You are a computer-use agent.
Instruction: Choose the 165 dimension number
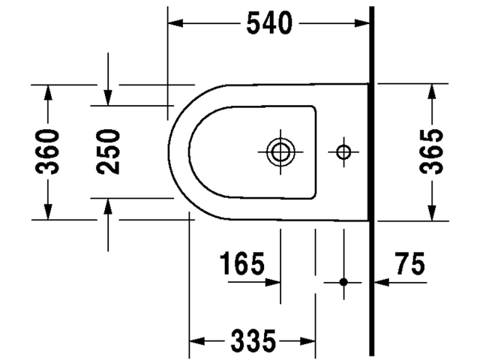[242, 263]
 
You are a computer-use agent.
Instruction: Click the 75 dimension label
[409, 263]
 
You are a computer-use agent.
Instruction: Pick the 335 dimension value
[251, 341]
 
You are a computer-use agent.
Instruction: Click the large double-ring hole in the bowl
[280, 152]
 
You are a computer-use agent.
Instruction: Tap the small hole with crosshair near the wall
[343, 152]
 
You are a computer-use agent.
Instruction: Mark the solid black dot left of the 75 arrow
[343, 282]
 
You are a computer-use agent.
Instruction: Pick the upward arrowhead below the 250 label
[109, 206]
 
